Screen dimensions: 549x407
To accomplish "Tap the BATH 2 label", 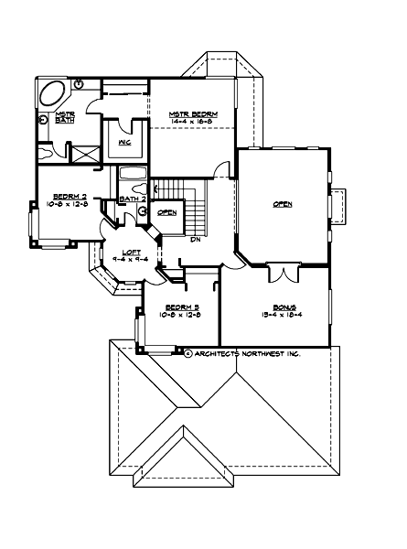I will (133, 199).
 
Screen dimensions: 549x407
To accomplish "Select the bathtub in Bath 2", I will (133, 176).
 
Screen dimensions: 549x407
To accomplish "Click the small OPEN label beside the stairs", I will (167, 212).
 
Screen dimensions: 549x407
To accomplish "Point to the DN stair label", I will (195, 241).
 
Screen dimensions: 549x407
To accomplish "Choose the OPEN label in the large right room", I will (283, 204).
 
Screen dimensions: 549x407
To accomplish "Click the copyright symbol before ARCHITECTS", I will (187, 353).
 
